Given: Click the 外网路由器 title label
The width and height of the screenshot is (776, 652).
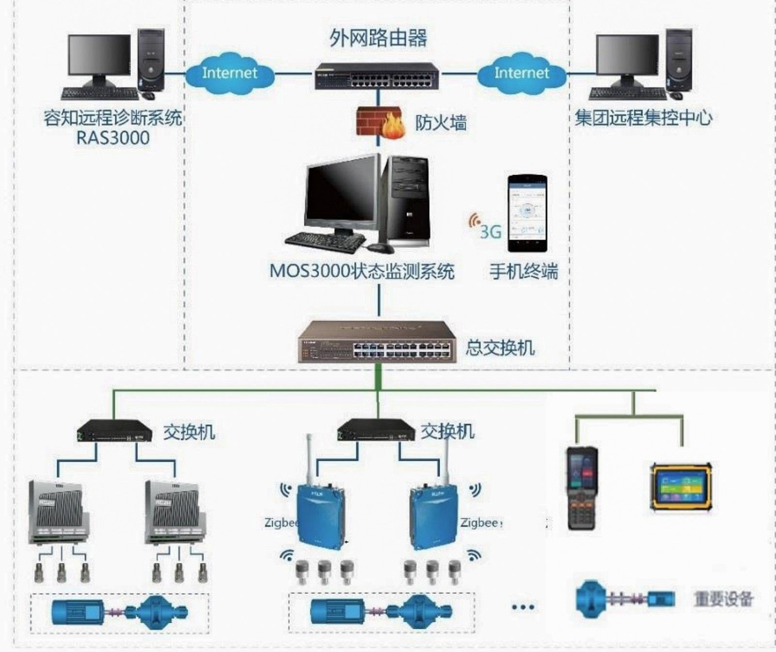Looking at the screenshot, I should [378, 38].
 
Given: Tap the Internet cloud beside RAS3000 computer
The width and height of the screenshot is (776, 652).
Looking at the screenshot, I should [229, 74].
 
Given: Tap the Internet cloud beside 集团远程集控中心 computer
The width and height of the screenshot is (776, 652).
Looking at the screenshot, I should [521, 74].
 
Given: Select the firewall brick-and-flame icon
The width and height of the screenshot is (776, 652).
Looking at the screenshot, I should [379, 122].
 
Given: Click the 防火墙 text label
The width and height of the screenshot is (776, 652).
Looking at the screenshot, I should [440, 123].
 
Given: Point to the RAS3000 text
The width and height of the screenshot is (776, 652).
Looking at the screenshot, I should [113, 138].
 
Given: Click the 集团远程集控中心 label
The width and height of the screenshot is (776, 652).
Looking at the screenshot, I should [643, 118].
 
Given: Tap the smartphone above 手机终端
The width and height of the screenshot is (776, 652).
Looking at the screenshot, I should [527, 213].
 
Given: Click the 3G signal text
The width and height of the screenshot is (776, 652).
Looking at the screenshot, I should [490, 232].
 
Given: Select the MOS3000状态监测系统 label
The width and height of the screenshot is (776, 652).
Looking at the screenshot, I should [362, 271].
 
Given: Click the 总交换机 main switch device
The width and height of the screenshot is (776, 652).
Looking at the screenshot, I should [377, 342].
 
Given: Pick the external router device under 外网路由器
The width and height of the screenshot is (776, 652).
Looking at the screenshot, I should [377, 77].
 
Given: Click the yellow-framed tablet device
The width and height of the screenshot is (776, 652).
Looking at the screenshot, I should [681, 487].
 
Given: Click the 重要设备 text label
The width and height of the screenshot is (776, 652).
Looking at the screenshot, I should [723, 599].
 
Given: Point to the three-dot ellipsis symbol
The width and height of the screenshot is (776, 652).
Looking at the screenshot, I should [523, 607].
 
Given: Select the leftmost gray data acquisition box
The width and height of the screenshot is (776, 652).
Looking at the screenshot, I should [58, 512].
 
